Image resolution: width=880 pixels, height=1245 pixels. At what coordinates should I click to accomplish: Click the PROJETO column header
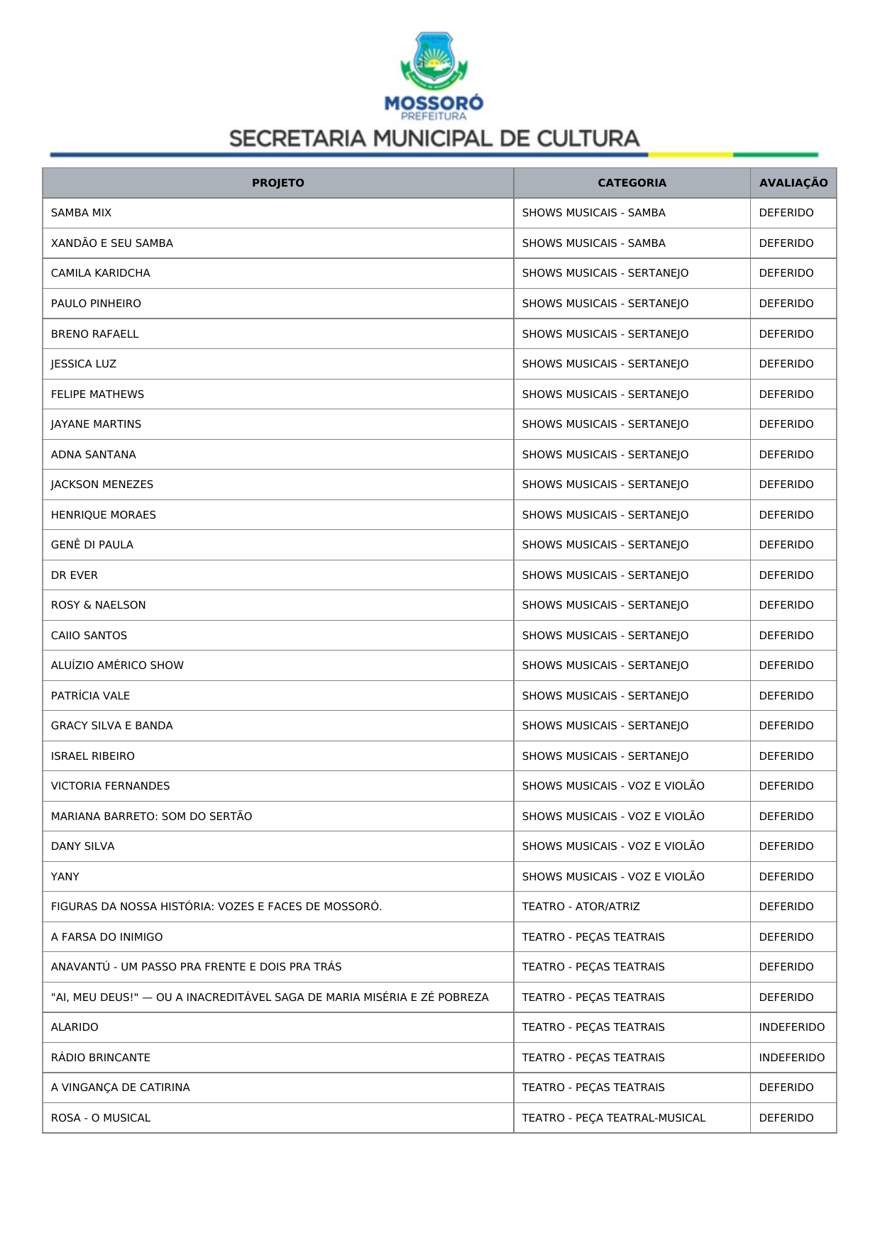click(277, 183)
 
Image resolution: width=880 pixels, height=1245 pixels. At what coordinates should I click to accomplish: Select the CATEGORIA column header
click(632, 183)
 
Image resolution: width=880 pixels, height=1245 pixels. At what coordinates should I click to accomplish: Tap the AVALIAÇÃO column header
click(793, 183)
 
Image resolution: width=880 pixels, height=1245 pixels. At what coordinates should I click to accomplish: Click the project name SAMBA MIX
click(81, 213)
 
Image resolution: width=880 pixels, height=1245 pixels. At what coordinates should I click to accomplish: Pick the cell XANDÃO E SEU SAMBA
click(111, 243)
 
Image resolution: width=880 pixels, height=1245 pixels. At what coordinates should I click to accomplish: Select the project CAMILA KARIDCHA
click(100, 273)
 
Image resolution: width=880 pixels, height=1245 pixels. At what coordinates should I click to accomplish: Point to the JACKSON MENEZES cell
click(101, 485)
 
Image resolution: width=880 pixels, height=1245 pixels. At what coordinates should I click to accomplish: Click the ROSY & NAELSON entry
click(98, 605)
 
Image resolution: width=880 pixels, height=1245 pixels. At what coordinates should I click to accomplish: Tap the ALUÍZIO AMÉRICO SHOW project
click(117, 665)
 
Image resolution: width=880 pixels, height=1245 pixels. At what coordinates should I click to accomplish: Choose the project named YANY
click(65, 877)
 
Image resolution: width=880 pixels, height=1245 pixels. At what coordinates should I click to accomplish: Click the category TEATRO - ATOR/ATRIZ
click(581, 907)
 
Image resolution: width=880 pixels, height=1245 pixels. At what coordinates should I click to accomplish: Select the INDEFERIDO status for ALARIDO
click(791, 1027)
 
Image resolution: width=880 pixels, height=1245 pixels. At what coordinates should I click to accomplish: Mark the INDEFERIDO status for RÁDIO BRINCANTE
click(791, 1058)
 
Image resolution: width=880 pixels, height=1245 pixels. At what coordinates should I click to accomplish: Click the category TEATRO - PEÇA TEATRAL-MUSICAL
click(613, 1118)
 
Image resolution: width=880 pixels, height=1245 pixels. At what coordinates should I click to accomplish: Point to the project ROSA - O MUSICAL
click(100, 1118)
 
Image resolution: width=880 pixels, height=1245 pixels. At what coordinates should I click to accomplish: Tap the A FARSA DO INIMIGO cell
click(106, 937)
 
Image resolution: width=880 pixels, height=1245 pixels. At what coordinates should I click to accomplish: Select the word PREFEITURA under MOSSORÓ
click(434, 116)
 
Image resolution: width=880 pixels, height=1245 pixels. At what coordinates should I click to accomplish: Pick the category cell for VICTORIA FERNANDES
click(612, 786)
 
